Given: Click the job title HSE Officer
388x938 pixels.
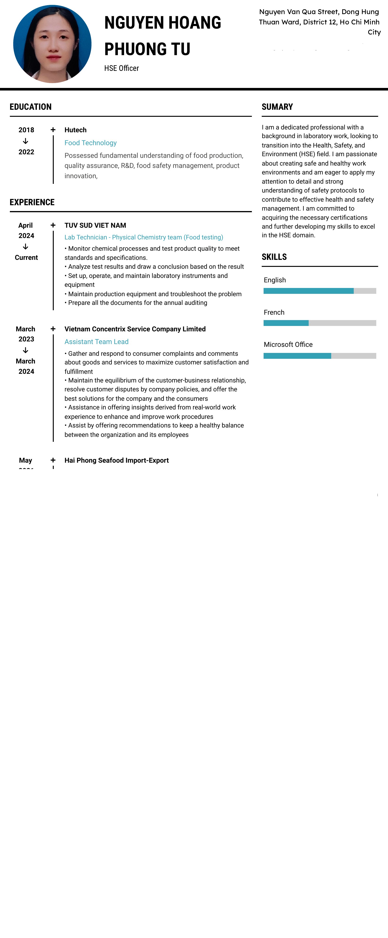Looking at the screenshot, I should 121,68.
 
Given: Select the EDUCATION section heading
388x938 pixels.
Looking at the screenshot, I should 31,107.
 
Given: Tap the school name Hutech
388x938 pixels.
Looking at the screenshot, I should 75,130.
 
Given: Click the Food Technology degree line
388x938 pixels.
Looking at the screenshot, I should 90,143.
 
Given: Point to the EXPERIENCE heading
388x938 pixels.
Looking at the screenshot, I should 32,202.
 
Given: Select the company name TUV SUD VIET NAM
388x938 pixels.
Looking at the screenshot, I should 95,225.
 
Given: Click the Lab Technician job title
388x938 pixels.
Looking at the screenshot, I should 144,237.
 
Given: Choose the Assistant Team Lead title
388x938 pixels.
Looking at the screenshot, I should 96,342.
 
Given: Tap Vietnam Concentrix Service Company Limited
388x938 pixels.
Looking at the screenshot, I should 135,329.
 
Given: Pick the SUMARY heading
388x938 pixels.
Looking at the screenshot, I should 277,107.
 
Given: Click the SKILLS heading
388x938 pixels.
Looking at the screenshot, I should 274,257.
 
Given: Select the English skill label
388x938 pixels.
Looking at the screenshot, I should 275,280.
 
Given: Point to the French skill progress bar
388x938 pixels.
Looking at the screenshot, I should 319,323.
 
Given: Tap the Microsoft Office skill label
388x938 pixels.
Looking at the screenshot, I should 288,344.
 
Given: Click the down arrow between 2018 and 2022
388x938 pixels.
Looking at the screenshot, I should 26,141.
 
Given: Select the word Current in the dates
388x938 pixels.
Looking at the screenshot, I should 26,257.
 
